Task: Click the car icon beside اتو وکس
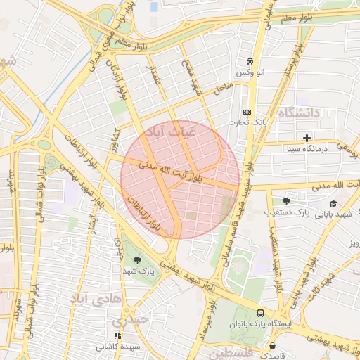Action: pyautogui.click(x=250, y=62)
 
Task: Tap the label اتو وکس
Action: pyautogui.click(x=250, y=74)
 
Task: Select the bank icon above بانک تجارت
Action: pyautogui.click(x=247, y=112)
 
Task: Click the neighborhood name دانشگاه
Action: pyautogui.click(x=299, y=112)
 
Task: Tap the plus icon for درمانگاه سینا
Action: pyautogui.click(x=307, y=137)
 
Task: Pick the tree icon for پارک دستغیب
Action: pyautogui.click(x=285, y=200)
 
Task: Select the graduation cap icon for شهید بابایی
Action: pyautogui.click(x=333, y=204)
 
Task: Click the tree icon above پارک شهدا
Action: pyautogui.click(x=137, y=259)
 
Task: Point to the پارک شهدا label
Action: pyautogui.click(x=137, y=271)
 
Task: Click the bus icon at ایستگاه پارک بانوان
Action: pyautogui.click(x=261, y=313)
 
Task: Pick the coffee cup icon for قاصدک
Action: pyautogui.click(x=273, y=345)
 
